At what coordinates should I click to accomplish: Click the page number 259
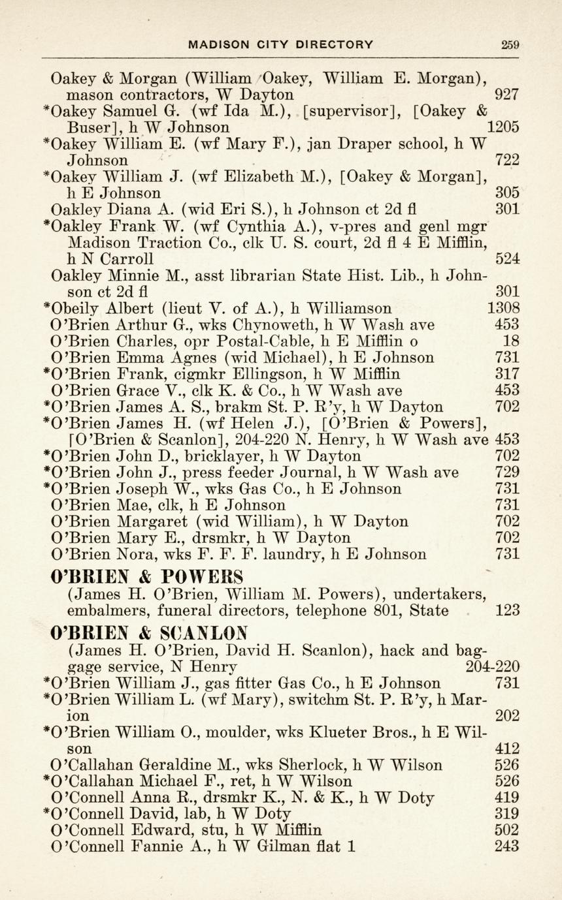(x=510, y=45)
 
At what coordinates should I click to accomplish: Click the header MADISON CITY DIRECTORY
(x=281, y=45)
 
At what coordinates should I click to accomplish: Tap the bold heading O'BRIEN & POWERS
(x=147, y=578)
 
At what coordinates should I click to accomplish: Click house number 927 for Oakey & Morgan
(x=507, y=94)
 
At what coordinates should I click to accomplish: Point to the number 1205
(x=503, y=127)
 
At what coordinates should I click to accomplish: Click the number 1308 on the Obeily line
(x=503, y=308)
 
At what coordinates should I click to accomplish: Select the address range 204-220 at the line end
(x=493, y=666)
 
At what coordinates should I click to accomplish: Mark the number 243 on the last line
(x=507, y=846)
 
